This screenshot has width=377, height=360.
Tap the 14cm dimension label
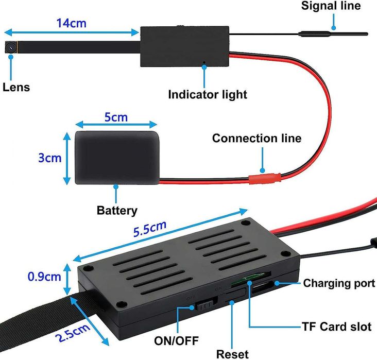[71, 23]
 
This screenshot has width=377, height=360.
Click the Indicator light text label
[208, 95]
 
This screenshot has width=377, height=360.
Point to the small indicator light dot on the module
[204, 64]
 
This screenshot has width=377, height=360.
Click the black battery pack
[116, 157]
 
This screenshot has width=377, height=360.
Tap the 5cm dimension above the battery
[116, 117]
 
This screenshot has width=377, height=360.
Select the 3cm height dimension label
[49, 158]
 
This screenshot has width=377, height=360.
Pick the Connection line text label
[256, 139]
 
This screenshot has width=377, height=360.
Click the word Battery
[117, 210]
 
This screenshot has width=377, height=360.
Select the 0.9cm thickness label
[44, 277]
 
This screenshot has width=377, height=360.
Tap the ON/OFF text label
[176, 340]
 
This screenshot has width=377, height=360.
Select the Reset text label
[232, 353]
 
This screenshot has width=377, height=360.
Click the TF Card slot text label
[335, 327]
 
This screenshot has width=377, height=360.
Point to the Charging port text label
[338, 283]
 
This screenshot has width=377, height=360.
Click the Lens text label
[16, 87]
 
